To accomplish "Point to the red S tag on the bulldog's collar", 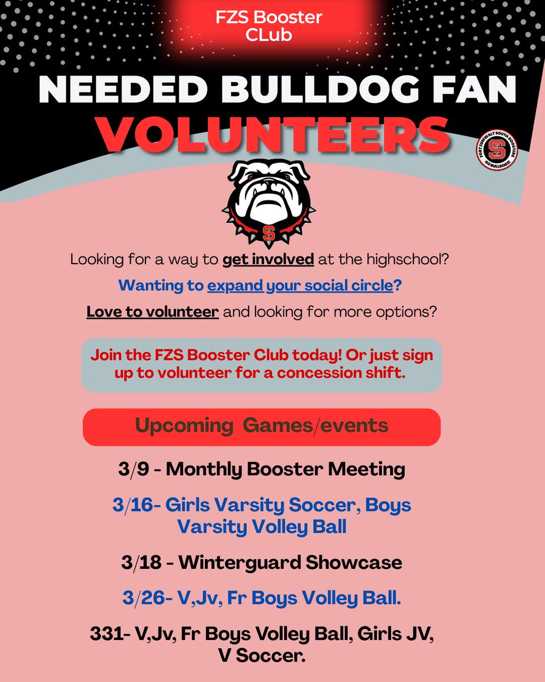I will click(x=268, y=232).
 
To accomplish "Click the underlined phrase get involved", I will click(x=268, y=260).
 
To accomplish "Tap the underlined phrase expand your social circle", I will click(x=300, y=286).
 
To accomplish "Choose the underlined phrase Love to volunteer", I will click(x=153, y=312).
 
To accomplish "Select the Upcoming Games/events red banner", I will click(x=262, y=426).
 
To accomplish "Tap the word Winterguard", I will click(x=240, y=563).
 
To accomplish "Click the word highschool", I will click(x=405, y=260).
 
